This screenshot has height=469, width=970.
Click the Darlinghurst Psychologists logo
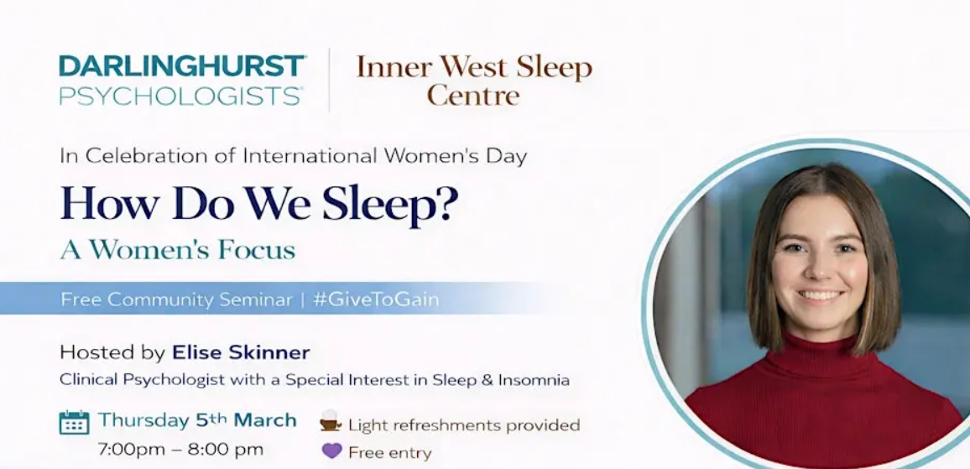coord(182,81)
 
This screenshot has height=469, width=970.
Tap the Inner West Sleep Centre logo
coord(474,81)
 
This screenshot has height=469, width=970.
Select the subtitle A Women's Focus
coord(177,250)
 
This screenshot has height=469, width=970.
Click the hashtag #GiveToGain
coord(376,300)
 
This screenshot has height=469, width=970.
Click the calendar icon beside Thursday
coord(74,422)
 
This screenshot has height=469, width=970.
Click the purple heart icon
coord(331,451)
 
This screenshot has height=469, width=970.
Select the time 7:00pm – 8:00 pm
coord(180,449)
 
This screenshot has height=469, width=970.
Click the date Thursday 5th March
coord(197,420)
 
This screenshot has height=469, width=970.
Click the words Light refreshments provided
coord(464,425)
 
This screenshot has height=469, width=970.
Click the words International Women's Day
coord(384,156)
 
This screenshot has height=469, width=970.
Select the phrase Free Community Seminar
coord(176,300)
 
